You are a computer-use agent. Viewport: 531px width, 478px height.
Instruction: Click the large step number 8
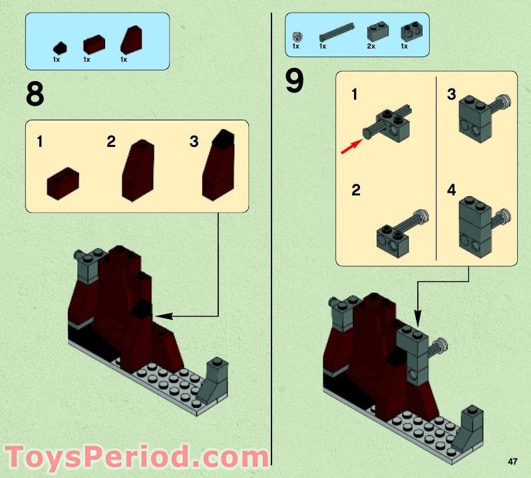click(35, 95)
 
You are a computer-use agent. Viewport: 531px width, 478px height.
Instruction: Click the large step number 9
click(294, 81)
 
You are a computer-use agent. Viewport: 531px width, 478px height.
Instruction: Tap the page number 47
click(512, 461)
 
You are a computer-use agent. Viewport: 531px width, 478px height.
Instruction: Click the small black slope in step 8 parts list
click(60, 48)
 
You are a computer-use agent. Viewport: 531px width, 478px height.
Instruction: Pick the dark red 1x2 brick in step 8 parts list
click(94, 45)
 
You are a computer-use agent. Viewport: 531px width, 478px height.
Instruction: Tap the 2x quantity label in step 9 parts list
click(371, 47)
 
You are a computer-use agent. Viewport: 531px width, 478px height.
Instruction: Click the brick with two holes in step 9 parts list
click(408, 31)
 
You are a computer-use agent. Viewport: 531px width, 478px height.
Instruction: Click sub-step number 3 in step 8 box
click(194, 142)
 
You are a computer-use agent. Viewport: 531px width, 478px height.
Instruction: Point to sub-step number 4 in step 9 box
click(451, 191)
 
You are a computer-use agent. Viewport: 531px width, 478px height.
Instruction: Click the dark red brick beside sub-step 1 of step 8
click(63, 183)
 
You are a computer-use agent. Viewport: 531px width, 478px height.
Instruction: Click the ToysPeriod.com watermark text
click(136, 458)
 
